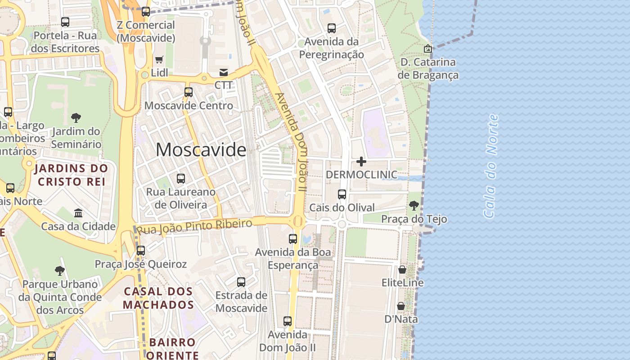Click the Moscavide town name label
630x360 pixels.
coord(201,150)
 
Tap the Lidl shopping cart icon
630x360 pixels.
coord(159,59)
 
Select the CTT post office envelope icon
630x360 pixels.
coord(223,72)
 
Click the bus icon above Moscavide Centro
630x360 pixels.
coord(189,92)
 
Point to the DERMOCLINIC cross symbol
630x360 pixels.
coord(361,161)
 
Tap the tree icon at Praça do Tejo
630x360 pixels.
coord(414,206)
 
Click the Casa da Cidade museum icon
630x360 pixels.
coord(78,212)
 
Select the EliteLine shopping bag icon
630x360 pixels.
coord(402,270)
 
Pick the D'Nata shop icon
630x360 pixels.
coord(401,306)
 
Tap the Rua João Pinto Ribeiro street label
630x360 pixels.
coord(194,226)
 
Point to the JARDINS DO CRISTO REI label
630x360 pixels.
coord(72,175)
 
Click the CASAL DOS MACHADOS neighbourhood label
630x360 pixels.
coord(158,298)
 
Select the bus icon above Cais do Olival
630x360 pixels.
coord(342,194)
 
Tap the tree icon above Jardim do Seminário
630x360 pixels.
coord(76,118)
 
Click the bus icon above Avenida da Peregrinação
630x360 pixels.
coord(332,28)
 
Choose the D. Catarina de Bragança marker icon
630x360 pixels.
coord(428,48)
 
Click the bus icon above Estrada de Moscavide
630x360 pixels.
coord(241,282)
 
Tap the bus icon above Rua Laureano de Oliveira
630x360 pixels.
coord(181,179)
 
